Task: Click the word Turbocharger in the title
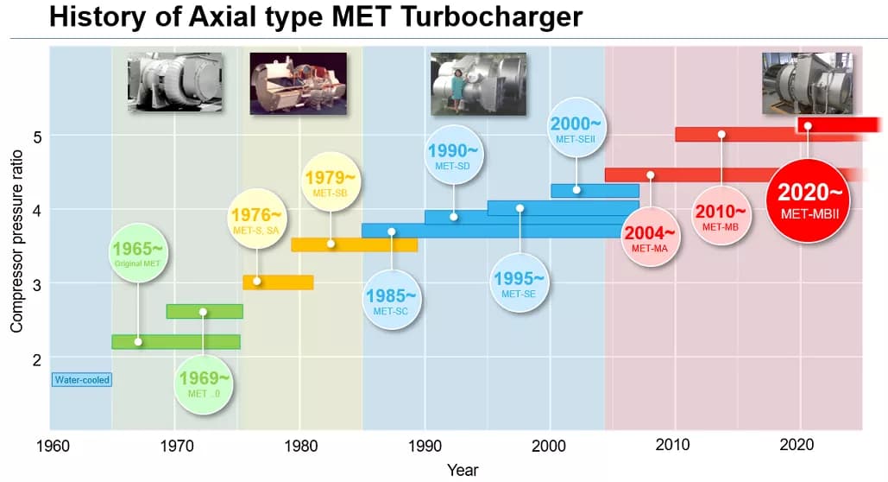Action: [487, 16]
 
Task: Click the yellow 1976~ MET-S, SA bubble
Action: [256, 219]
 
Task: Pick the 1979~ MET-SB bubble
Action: [330, 183]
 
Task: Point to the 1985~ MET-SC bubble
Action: [391, 299]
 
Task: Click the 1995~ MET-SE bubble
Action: [519, 283]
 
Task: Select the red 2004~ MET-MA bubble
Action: [650, 237]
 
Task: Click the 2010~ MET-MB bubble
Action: [721, 216]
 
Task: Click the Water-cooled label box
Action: [83, 379]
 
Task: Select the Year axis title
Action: [462, 470]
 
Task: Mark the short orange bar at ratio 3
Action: [278, 282]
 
